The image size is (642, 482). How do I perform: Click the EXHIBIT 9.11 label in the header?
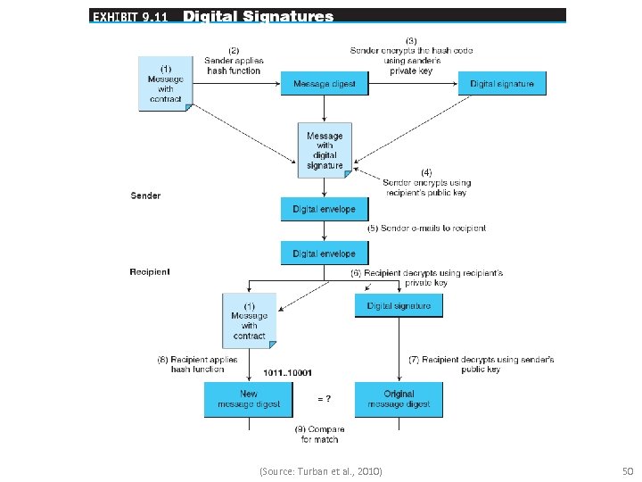(130, 16)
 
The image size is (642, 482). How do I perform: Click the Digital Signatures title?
(259, 16)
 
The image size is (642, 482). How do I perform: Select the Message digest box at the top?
(325, 84)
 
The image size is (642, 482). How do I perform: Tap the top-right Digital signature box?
(502, 84)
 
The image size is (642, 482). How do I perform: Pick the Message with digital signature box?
(325, 150)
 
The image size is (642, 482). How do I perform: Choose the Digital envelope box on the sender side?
(325, 209)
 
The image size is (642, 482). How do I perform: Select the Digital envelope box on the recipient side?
(325, 253)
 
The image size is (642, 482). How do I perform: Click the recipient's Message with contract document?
(250, 320)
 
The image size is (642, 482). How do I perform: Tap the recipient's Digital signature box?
(399, 305)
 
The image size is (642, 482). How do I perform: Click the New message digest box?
(249, 399)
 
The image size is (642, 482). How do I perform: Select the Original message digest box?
(399, 399)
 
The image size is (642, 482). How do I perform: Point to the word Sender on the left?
(145, 195)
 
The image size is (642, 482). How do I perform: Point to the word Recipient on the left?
(150, 271)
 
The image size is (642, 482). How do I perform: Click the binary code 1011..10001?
(288, 372)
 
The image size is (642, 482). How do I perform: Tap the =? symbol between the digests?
(326, 398)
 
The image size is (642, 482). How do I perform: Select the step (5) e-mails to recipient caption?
(427, 229)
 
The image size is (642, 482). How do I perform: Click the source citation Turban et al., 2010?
(320, 470)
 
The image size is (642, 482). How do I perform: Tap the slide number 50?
(626, 470)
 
